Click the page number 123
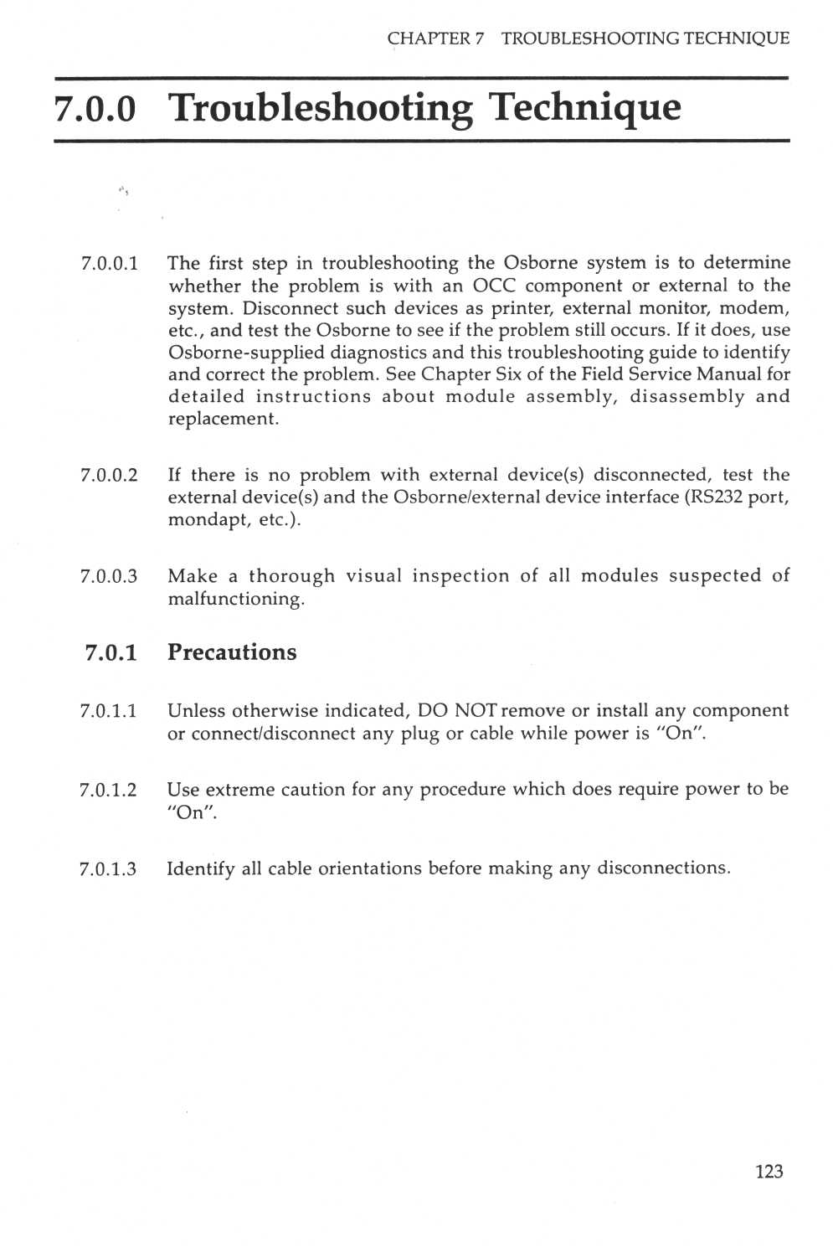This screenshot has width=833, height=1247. [x=769, y=1171]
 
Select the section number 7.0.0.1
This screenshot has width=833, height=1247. [x=110, y=263]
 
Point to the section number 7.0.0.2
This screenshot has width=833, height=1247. [x=109, y=475]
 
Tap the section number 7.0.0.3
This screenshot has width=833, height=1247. [x=109, y=576]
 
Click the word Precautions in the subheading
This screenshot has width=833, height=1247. [x=232, y=652]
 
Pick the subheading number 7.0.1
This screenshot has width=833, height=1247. [x=111, y=653]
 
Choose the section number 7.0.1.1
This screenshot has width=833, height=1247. [x=108, y=711]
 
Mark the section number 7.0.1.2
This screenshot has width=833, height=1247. [x=108, y=790]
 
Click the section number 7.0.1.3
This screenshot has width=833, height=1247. [x=108, y=868]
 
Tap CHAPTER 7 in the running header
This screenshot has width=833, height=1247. [x=435, y=39]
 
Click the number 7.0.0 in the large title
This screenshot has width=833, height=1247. [x=95, y=108]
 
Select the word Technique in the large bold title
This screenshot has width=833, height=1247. [x=584, y=108]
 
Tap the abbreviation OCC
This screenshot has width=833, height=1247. [x=494, y=286]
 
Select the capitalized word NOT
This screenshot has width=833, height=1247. [x=476, y=710]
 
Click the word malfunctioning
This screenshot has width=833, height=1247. [x=236, y=599]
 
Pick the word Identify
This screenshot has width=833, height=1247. [x=201, y=868]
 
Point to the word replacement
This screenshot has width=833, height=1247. [x=222, y=419]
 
